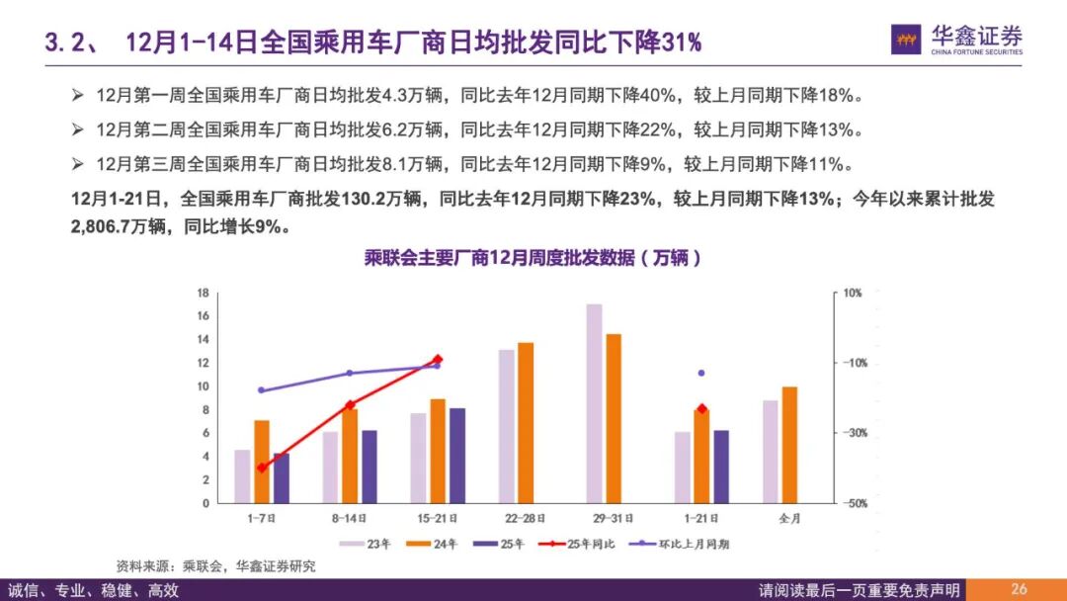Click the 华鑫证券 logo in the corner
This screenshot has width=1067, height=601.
(x=956, y=41)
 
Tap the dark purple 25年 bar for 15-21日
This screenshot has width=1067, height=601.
(x=456, y=456)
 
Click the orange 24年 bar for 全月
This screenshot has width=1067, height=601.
(x=789, y=445)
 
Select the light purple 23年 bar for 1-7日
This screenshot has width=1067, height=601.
(x=242, y=476)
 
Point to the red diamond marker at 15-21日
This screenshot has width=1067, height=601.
(x=437, y=360)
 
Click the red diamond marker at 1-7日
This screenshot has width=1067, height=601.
(x=262, y=468)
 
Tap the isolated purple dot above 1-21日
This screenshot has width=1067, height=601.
(x=701, y=373)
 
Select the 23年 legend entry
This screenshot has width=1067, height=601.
(x=367, y=544)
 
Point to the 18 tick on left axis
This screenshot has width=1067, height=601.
(x=203, y=293)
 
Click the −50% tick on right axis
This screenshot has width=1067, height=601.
(x=853, y=503)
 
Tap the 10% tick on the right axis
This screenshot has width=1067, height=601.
(x=853, y=293)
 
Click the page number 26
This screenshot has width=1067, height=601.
(x=1019, y=589)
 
